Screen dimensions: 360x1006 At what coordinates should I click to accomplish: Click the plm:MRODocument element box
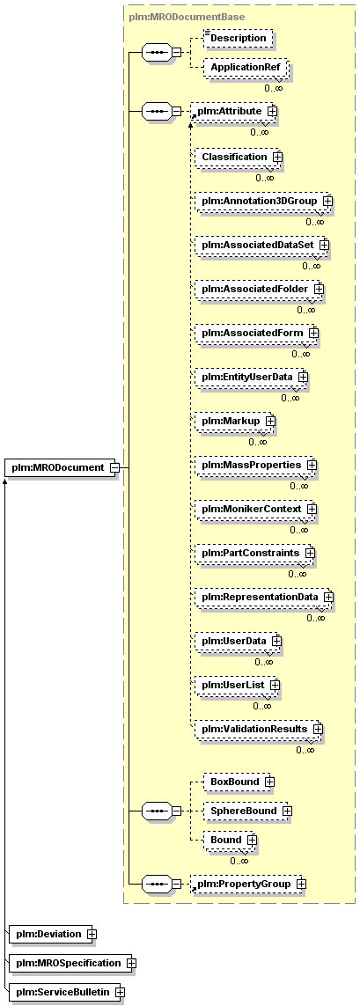click(62, 467)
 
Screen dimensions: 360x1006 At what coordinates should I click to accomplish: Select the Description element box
click(238, 38)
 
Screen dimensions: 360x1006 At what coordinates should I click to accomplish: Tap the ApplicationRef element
click(246, 67)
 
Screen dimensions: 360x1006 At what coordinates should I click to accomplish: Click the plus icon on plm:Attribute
click(272, 112)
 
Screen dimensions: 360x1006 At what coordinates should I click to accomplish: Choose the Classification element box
click(239, 157)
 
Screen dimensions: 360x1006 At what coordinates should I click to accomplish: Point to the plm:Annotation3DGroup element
click(264, 202)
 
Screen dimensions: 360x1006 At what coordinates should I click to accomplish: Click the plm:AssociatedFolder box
click(260, 290)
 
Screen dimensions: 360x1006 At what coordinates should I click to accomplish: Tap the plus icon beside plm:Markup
click(270, 421)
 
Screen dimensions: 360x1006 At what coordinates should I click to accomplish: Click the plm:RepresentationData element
click(264, 598)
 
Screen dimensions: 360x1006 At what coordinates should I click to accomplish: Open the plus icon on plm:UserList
click(276, 686)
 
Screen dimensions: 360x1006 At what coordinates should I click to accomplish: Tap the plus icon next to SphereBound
click(287, 811)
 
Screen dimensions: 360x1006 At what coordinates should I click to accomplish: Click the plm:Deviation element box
click(54, 934)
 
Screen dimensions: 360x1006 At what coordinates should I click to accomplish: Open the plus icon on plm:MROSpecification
click(131, 963)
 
